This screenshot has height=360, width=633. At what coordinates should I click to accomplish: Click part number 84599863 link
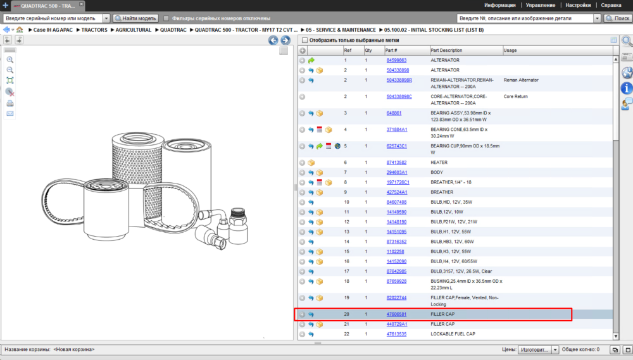pyautogui.click(x=396, y=60)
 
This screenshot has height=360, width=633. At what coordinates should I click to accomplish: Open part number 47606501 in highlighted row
pyautogui.click(x=396, y=314)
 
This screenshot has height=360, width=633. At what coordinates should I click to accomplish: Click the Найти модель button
pyautogui.click(x=135, y=18)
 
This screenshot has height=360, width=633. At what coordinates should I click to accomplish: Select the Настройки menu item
pyautogui.click(x=578, y=5)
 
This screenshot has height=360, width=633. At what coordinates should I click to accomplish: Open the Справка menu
pyautogui.click(x=611, y=5)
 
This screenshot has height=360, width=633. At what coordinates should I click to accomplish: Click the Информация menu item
pyautogui.click(x=500, y=5)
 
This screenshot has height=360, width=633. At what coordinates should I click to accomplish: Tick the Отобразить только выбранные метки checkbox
pyautogui.click(x=305, y=40)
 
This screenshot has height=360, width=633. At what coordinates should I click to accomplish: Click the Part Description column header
pyautogui.click(x=446, y=51)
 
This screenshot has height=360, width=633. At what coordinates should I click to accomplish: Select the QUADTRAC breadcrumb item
pyautogui.click(x=173, y=30)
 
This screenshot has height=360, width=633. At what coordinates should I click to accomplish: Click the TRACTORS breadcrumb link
pyautogui.click(x=94, y=30)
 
